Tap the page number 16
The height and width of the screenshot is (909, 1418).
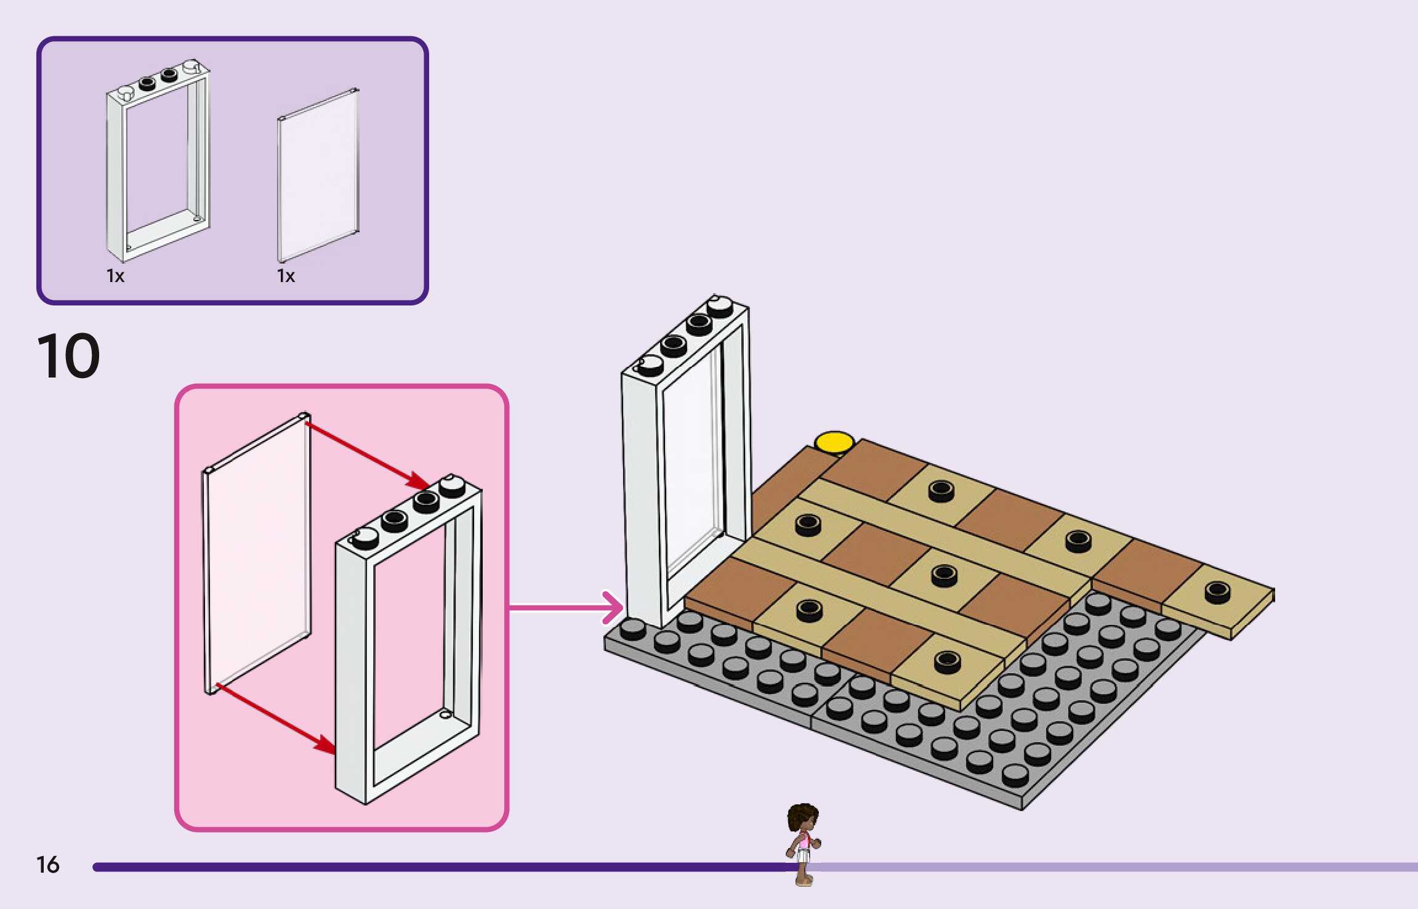click(47, 865)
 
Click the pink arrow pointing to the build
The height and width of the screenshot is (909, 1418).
click(566, 608)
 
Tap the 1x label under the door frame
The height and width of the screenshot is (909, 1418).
click(115, 276)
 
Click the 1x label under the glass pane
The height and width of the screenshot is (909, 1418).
click(286, 276)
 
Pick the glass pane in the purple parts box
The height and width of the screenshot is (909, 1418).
click(318, 176)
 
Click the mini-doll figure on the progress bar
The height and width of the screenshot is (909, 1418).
click(803, 844)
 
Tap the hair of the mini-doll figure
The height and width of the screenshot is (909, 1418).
click(802, 816)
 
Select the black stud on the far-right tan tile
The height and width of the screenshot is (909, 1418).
click(1217, 592)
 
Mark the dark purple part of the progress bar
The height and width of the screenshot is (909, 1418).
click(431, 867)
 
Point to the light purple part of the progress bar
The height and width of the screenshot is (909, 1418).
click(1108, 867)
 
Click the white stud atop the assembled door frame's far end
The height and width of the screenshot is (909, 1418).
click(719, 306)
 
